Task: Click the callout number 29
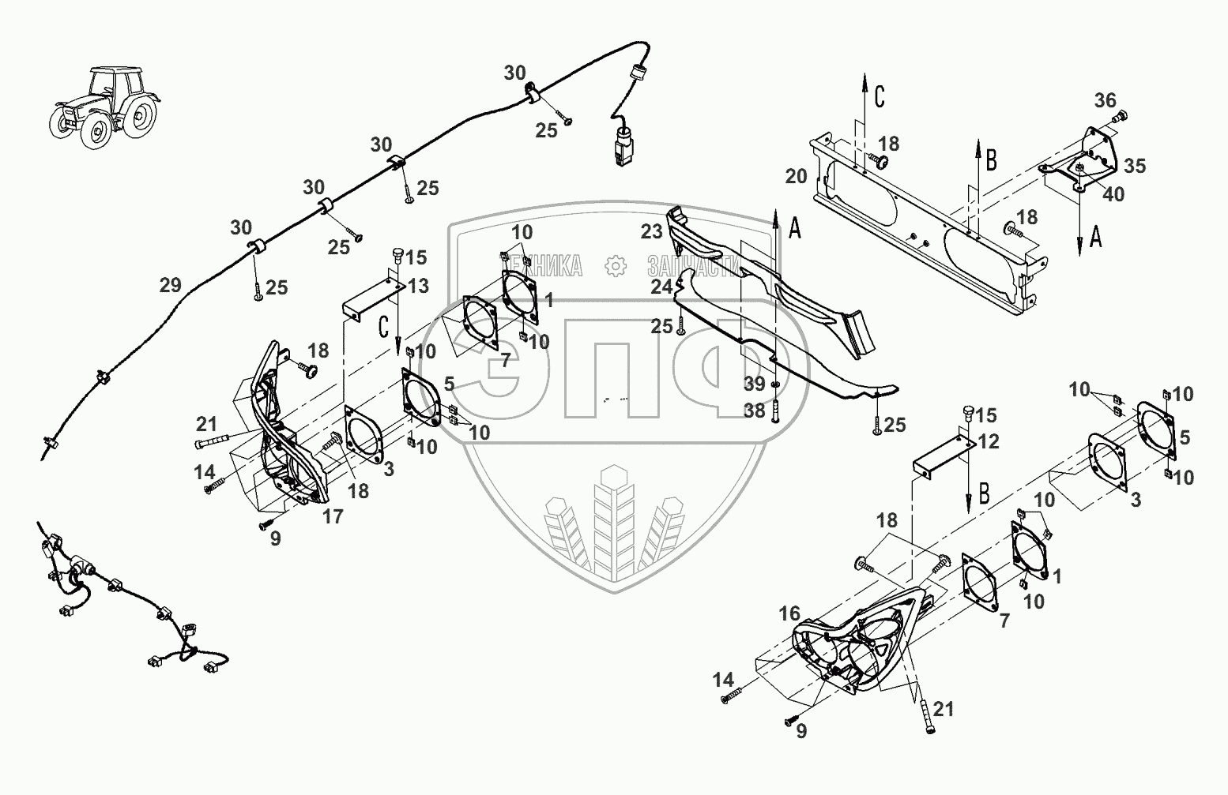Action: click(171, 286)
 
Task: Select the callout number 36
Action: click(1105, 100)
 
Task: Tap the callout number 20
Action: click(796, 176)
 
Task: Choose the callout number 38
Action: click(755, 410)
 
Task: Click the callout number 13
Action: click(419, 286)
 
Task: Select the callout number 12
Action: click(989, 441)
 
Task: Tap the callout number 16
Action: click(789, 613)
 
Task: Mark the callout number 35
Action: click(1135, 167)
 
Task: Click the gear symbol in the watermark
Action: click(614, 266)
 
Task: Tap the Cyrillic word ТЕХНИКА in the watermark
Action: click(553, 266)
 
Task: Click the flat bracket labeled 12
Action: click(944, 456)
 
